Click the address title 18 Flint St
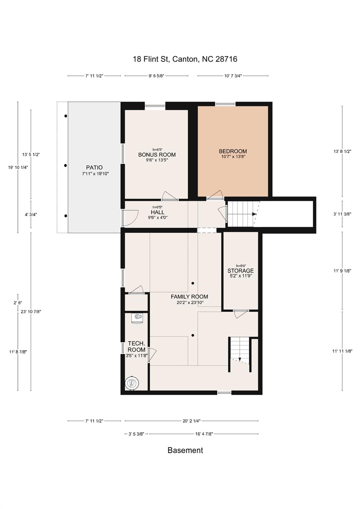[x=151, y=59]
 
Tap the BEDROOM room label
[x=233, y=151]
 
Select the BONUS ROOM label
[x=157, y=155]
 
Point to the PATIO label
[x=94, y=167]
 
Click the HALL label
[x=157, y=212]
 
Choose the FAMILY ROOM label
[x=189, y=297]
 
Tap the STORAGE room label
[x=240, y=271]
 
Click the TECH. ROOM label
[x=136, y=346]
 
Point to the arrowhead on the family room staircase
[x=240, y=359]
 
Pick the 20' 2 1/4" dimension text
[x=191, y=421]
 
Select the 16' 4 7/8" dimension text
[x=204, y=434]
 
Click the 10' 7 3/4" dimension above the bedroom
[x=232, y=76]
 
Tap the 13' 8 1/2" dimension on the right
[x=342, y=151]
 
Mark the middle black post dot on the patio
[x=65, y=166]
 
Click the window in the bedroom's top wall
[x=225, y=104]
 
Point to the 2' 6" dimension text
[x=17, y=303]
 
